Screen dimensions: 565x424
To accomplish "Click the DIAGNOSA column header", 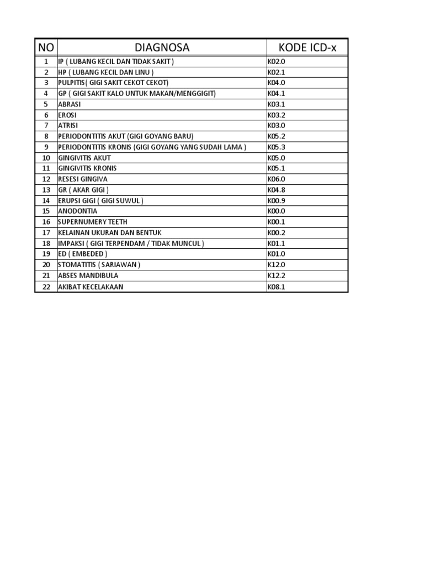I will [162, 48].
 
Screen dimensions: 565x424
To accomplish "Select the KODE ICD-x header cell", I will [307, 48].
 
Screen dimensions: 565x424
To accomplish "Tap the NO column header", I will [46, 48].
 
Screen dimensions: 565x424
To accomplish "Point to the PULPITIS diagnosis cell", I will [113, 83].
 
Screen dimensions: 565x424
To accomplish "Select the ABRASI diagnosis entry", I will [70, 104].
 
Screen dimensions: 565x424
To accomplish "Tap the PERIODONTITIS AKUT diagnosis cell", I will [126, 136].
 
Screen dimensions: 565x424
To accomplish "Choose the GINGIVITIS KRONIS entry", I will [87, 168].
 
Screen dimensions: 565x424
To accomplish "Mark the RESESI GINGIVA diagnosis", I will [83, 179].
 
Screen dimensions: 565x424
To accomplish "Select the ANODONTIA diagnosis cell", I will [78, 211].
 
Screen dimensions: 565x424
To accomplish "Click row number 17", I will [46, 233].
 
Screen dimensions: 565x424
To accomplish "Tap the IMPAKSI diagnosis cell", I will [131, 243].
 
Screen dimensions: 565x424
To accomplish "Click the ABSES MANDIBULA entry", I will [88, 275].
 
